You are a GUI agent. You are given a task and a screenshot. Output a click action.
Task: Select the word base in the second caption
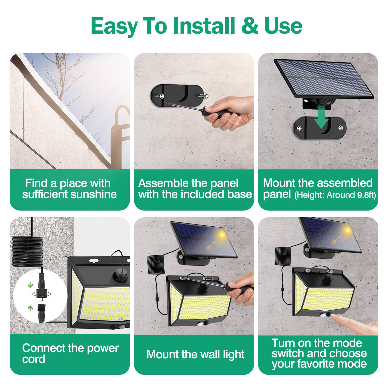pyautogui.click(x=239, y=194)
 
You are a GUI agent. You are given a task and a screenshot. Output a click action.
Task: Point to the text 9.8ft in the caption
pyautogui.click(x=366, y=195)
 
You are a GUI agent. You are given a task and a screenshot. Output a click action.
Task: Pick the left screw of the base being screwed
pyautogui.click(x=161, y=96)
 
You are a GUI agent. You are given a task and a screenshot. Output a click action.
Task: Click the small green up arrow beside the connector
pyautogui.click(x=31, y=308)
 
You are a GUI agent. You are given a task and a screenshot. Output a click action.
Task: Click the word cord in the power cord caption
pyautogui.click(x=33, y=359)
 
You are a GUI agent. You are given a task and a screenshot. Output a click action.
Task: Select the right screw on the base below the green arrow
pyautogui.click(x=341, y=128)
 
